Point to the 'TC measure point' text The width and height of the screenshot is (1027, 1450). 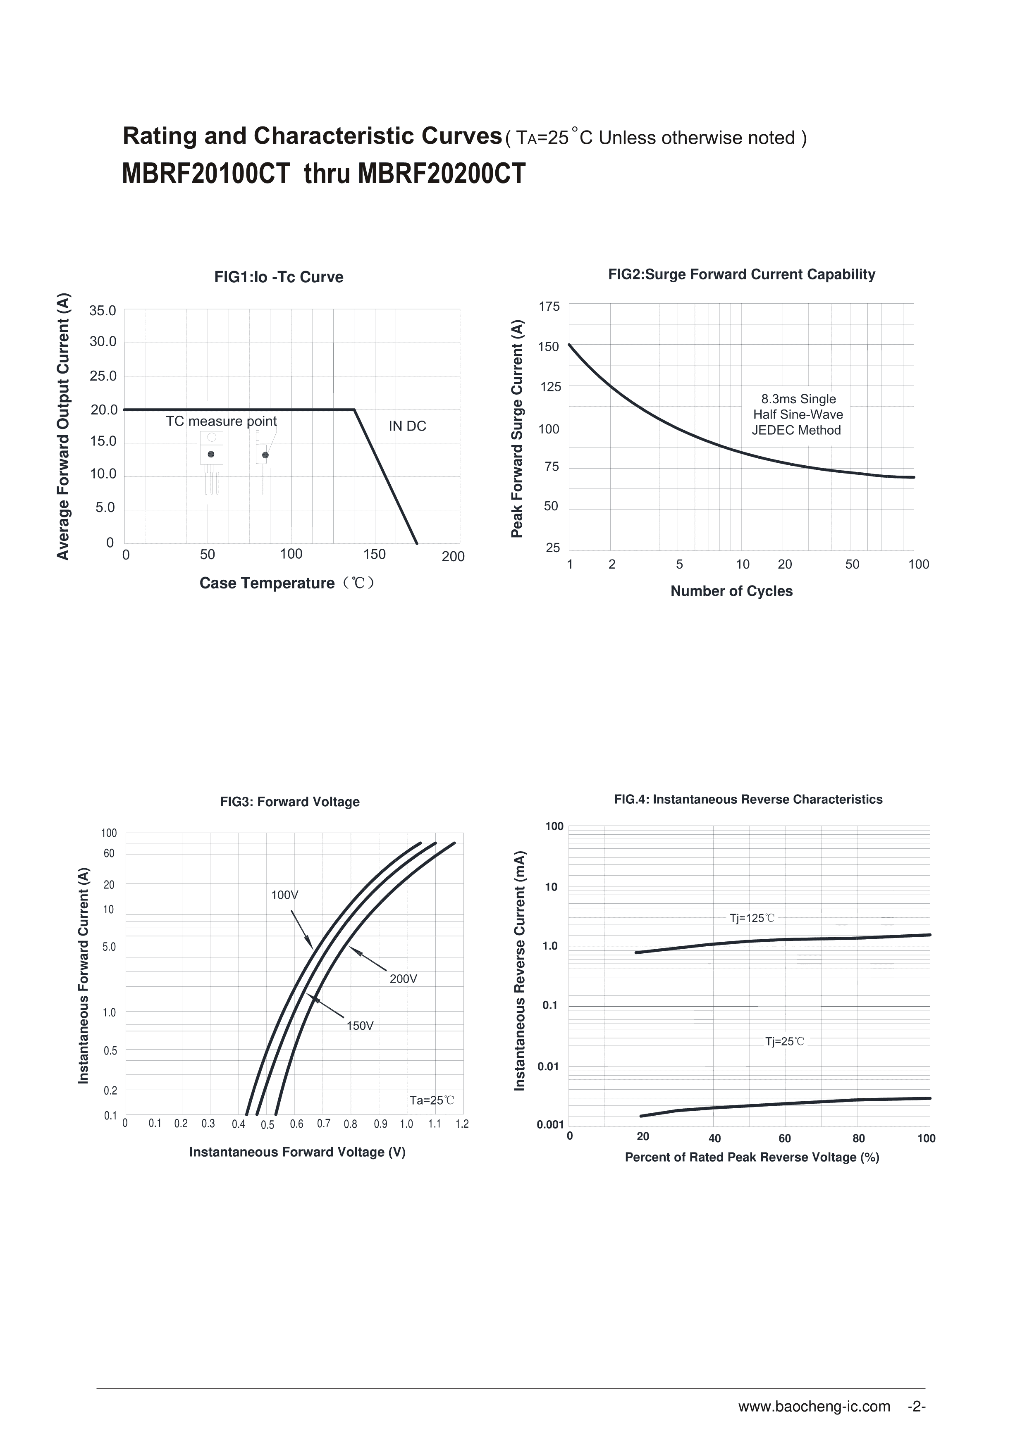click(221, 421)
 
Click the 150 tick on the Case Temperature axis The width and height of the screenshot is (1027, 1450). click(374, 554)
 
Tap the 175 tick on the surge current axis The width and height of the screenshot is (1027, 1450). click(549, 307)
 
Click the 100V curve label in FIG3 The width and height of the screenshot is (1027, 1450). click(284, 895)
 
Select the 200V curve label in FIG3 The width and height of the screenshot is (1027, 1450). click(404, 979)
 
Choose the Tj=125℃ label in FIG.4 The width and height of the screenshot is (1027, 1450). click(752, 918)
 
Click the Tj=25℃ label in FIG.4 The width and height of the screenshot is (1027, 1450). click(785, 1041)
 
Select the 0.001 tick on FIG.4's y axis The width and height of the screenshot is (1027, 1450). click(550, 1124)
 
